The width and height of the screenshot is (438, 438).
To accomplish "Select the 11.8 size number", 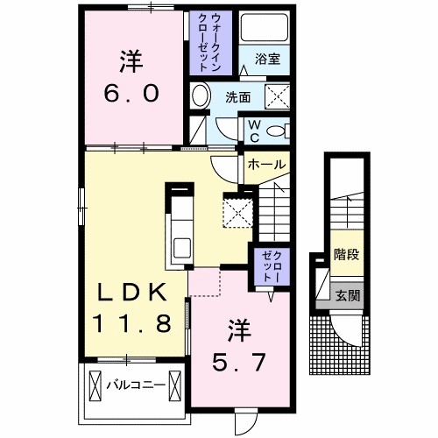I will (131, 324).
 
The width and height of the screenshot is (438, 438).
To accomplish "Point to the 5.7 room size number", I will (239, 359).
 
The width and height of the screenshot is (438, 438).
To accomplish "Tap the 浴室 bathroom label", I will (267, 60).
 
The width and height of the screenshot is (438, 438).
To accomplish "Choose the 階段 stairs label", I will (344, 256).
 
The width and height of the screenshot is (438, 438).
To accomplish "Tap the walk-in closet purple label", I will (210, 43).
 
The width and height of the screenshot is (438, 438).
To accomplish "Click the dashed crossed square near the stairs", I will (237, 209).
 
